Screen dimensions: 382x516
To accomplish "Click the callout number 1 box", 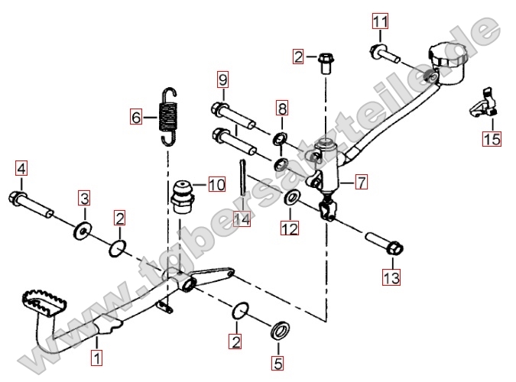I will pyautogui.click(x=96, y=355).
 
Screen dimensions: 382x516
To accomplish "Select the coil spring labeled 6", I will pyautogui.click(x=169, y=115).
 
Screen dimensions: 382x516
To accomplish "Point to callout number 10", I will pyautogui.click(x=216, y=184).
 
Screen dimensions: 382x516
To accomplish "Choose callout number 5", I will pyautogui.click(x=278, y=364).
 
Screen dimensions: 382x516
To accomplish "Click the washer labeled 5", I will pyautogui.click(x=280, y=330).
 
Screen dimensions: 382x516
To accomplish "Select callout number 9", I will pyautogui.click(x=222, y=79).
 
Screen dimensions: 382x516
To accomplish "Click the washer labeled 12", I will pyautogui.click(x=292, y=199).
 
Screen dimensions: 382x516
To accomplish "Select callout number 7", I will pyautogui.click(x=360, y=182).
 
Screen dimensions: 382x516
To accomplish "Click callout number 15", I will pyautogui.click(x=491, y=139).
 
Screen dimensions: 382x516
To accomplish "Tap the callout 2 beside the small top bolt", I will pyautogui.click(x=298, y=56).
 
